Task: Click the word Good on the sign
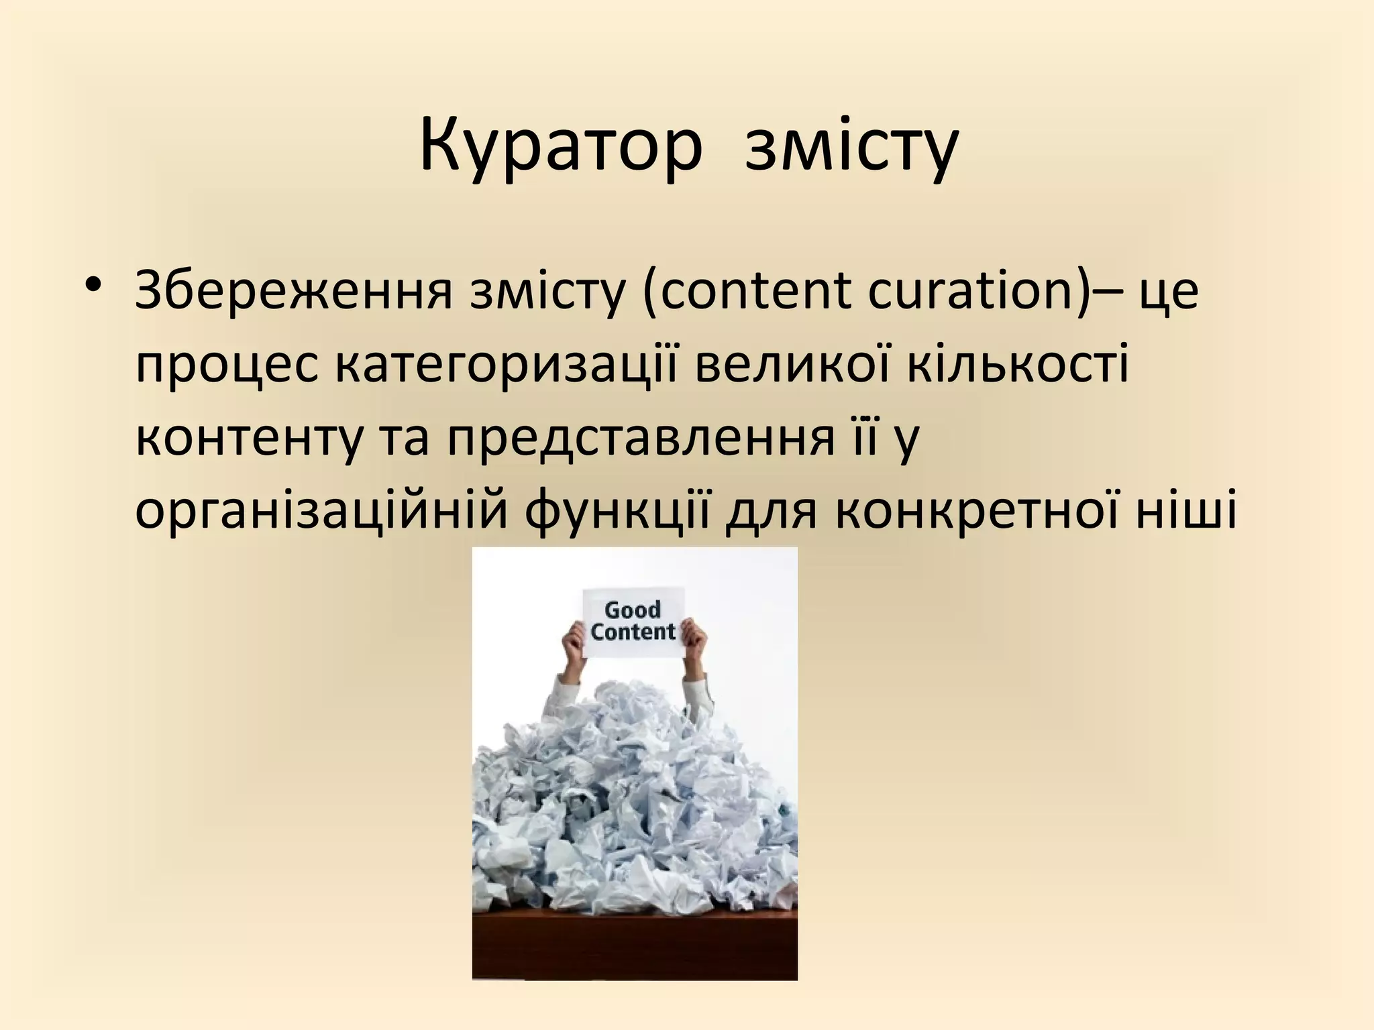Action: [x=632, y=610]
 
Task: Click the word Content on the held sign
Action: [x=633, y=632]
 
